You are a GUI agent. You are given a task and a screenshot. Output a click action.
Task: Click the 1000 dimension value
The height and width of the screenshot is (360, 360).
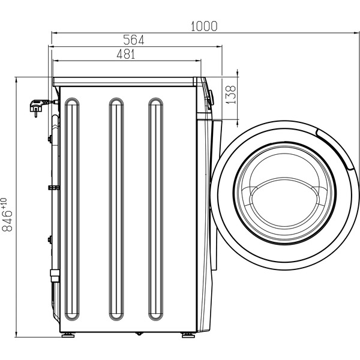[204, 26]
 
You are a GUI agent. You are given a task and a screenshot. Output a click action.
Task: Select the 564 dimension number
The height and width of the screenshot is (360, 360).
[133, 40]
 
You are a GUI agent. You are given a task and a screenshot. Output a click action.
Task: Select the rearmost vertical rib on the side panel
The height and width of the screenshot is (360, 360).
[72, 209]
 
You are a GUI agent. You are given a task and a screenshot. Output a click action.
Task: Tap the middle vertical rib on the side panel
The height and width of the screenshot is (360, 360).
[116, 209]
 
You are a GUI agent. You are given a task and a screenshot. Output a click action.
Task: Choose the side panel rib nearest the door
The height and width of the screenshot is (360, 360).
[155, 209]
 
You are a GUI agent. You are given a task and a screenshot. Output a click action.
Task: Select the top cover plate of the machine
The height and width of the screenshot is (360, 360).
[126, 81]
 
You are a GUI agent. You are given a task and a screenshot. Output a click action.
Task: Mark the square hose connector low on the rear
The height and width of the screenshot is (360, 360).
[53, 275]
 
